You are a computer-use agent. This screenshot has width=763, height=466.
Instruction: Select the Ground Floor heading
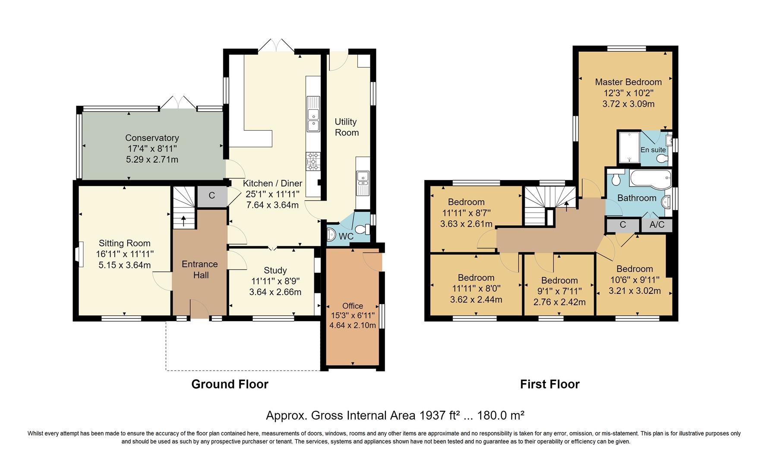[230, 384]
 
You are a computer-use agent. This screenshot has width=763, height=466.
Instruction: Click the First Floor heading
[549, 384]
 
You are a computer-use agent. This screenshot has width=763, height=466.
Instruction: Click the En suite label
[653, 150]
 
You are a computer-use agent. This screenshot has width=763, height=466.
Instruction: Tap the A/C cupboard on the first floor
[657, 225]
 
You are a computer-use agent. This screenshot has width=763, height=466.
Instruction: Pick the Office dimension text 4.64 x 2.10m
[353, 325]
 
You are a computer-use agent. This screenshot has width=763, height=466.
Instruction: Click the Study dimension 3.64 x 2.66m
[275, 292]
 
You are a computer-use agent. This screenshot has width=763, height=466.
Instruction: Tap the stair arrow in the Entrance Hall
[184, 220]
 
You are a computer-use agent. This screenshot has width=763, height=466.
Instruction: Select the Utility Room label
[347, 127]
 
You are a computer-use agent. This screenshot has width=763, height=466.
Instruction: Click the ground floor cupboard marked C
[212, 196]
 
